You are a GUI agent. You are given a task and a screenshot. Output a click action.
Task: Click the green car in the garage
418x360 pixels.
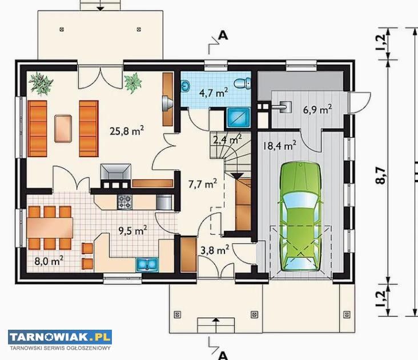click(300, 217)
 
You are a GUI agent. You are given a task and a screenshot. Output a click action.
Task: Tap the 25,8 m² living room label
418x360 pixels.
click(127, 131)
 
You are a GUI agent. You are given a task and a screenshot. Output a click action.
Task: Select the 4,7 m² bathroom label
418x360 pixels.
click(214, 93)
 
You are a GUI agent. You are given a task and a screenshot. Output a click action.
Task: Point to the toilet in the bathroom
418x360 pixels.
click(243, 83)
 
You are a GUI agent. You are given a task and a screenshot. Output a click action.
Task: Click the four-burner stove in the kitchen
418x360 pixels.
click(124, 202)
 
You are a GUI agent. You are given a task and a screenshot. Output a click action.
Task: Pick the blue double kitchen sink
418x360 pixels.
click(147, 265)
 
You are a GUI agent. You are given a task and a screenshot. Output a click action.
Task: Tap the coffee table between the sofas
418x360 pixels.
click(63, 129)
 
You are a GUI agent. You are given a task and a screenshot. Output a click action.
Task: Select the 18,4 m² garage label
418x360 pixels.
click(279, 146)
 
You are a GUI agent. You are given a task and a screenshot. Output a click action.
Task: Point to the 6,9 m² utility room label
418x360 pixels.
click(317, 109)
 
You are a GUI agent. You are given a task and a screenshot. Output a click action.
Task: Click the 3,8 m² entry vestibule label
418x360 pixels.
click(215, 250)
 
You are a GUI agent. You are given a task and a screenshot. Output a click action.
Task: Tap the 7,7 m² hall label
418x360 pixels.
click(203, 184)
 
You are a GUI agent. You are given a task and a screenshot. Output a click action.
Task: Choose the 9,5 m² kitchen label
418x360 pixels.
click(132, 230)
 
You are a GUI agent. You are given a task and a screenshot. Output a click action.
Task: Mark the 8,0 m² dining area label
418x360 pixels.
click(49, 261)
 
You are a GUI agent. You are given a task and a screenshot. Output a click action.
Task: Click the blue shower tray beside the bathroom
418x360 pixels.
click(239, 117)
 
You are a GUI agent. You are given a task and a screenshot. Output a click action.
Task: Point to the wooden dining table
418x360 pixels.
click(50, 228)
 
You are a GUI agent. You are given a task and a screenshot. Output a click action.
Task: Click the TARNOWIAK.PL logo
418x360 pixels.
click(60, 337)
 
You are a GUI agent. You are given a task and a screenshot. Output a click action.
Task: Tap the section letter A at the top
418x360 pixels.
click(223, 35)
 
